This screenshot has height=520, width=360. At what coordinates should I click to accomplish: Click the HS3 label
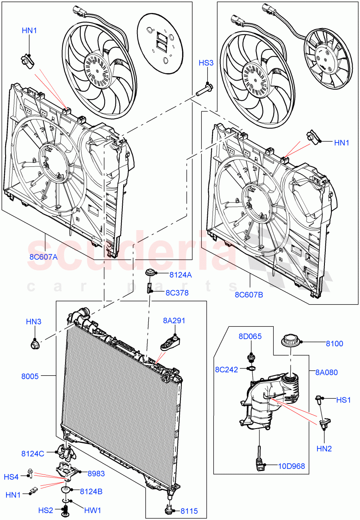pyautogui.click(x=206, y=63)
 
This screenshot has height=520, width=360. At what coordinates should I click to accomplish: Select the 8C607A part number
pyautogui.click(x=43, y=256)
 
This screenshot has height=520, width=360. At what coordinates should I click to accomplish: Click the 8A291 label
pyautogui.click(x=174, y=321)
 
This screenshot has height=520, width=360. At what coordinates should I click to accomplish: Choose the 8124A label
pyautogui.click(x=180, y=274)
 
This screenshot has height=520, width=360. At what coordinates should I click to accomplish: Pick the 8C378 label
pyautogui.click(x=177, y=292)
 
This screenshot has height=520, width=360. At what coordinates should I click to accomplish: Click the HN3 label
pyautogui.click(x=33, y=322)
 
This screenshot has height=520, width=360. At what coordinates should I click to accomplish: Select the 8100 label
pyautogui.click(x=334, y=344)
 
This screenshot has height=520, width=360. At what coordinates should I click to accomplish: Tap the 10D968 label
pyautogui.click(x=291, y=466)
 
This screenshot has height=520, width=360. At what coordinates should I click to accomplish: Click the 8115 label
pyautogui.click(x=189, y=511)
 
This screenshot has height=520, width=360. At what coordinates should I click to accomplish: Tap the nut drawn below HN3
pyautogui.click(x=34, y=345)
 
